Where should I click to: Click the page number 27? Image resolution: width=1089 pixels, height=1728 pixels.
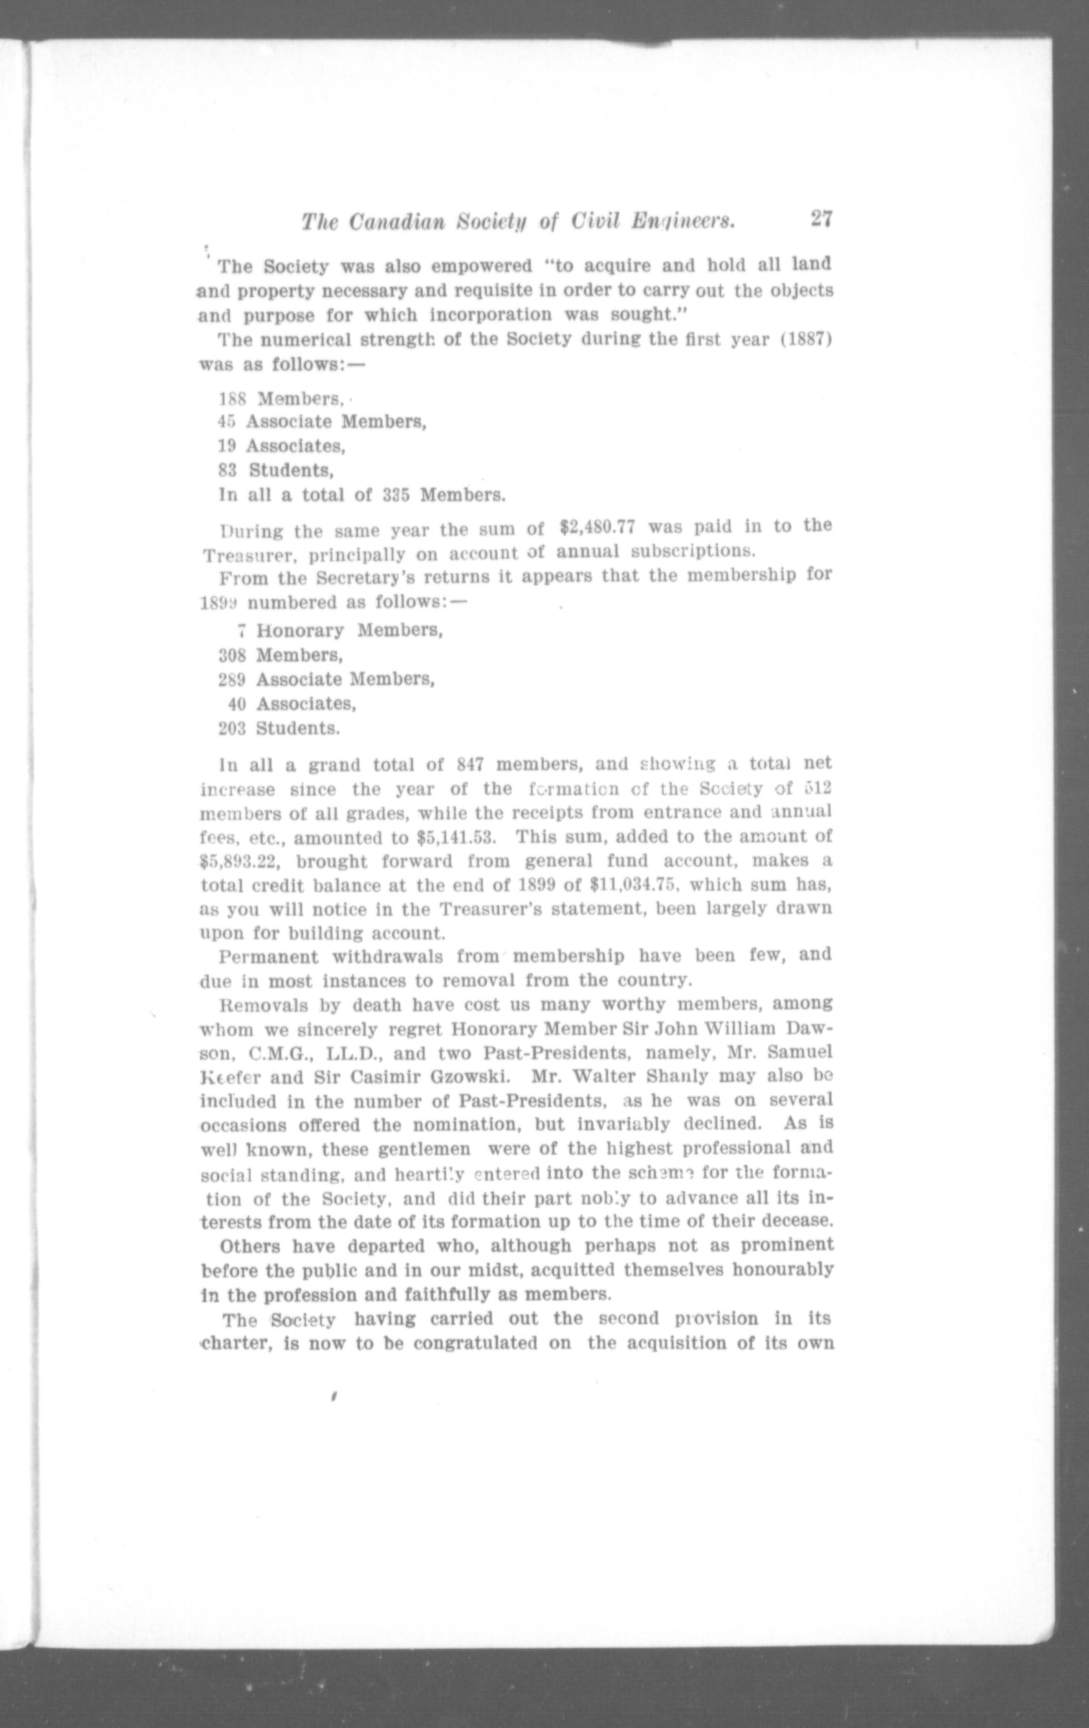821,219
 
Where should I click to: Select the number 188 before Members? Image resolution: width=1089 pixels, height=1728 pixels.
232,398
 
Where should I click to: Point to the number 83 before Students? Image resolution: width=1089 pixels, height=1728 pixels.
228,471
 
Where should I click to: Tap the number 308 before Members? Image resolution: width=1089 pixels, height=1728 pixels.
232,655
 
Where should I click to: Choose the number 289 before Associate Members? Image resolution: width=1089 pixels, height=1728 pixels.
232,679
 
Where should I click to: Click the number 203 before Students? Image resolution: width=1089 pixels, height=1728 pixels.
232,728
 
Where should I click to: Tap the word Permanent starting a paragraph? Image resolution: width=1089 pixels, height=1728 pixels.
268,958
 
